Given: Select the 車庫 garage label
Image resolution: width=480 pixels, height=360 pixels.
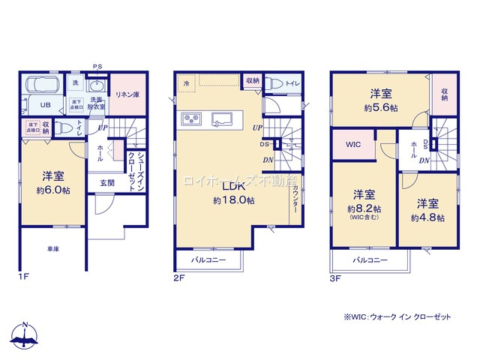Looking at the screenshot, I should [53, 247].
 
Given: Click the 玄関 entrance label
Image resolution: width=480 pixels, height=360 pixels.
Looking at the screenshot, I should [107, 181].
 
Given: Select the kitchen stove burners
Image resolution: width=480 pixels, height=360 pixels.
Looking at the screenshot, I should [190, 118].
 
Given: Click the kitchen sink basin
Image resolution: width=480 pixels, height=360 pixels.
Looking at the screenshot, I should [223, 118].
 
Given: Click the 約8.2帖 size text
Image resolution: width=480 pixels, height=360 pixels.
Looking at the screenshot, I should [364, 208].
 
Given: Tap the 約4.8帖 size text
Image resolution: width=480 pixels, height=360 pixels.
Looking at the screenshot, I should [427, 217].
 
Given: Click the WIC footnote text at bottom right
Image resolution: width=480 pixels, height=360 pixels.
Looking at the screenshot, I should [397, 317].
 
